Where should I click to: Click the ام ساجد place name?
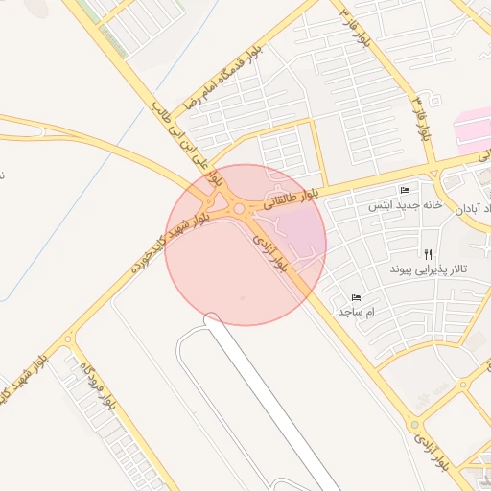pos(356,312)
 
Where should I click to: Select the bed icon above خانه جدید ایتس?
pos(404,190)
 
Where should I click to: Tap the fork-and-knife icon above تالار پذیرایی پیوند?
pos(429,255)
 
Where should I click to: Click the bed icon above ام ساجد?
pos(357,297)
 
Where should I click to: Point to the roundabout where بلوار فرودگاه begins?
pos(68,339)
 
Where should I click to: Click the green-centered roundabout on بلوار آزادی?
pos(413,423)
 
